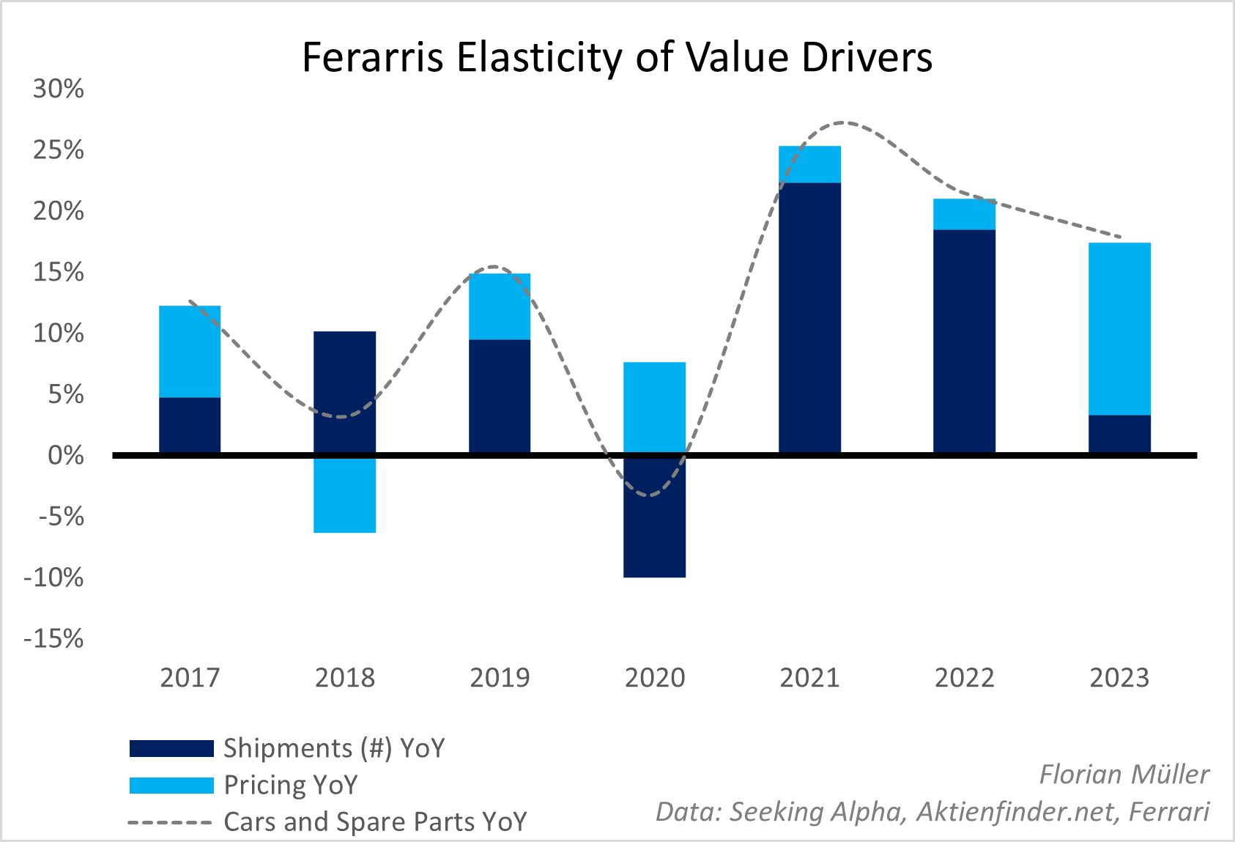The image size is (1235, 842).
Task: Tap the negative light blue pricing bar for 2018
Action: tap(344, 495)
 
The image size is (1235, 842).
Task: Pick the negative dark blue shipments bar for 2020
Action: tap(654, 517)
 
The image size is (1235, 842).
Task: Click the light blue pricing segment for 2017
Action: tap(190, 351)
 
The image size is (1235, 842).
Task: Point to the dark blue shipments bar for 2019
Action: tap(500, 396)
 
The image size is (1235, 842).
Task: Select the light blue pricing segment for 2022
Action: tap(964, 214)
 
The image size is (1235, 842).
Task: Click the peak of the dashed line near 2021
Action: tap(845, 122)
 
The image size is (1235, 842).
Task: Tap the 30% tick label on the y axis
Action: tap(58, 89)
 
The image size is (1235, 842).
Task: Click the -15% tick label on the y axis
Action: tap(53, 639)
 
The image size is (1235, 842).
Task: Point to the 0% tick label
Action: tap(65, 456)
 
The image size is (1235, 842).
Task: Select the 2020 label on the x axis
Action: tap(654, 678)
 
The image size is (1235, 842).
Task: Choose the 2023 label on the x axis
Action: tap(1119, 678)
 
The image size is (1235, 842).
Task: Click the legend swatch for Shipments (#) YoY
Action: tap(171, 748)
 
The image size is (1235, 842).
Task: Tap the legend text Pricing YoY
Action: tap(291, 785)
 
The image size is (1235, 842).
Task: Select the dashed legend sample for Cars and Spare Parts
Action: tap(170, 822)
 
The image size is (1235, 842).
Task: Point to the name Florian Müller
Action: tap(1124, 775)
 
